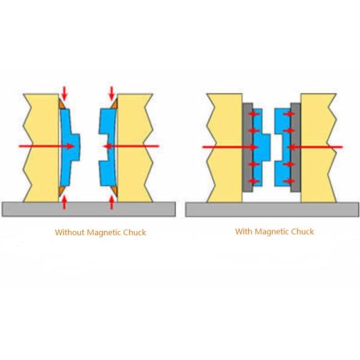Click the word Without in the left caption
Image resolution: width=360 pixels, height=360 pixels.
point(70,232)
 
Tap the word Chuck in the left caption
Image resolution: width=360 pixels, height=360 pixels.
point(134,232)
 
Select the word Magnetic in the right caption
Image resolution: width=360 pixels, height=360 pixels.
point(272,232)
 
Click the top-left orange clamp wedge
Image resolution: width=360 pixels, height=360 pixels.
point(61,104)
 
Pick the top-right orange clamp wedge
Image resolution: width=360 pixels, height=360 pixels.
point(115,104)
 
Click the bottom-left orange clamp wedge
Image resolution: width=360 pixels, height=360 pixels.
point(61,191)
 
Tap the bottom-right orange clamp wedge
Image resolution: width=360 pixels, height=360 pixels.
point(115,191)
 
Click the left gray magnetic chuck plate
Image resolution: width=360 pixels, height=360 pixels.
point(247,148)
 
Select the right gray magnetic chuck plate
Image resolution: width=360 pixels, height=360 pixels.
point(296,148)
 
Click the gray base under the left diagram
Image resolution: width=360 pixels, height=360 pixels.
point(89,209)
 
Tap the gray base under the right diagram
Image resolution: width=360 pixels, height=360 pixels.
point(272,209)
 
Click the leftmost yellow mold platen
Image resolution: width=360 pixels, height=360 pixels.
point(41,148)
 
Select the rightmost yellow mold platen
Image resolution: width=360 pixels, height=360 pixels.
point(319,148)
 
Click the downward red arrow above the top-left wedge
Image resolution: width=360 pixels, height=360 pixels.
point(64,94)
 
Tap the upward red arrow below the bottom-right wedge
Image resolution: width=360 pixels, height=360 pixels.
point(112,202)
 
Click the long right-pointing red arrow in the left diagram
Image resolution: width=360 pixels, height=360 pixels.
point(47,146)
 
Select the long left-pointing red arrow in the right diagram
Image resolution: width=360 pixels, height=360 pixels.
point(315,147)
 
